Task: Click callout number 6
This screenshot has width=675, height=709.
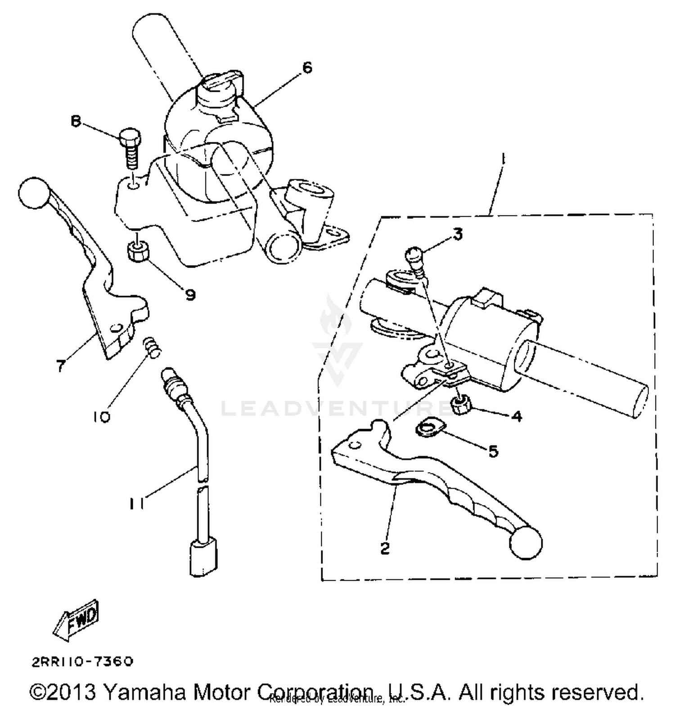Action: [307, 68]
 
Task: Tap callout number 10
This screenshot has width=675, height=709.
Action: [102, 417]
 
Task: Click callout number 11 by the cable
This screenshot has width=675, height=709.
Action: [136, 504]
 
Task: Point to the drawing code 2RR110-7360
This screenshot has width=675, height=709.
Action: [82, 661]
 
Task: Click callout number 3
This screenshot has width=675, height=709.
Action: [457, 235]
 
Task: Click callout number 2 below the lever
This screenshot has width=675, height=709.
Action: [385, 548]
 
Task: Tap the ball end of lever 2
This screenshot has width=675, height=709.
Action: [526, 543]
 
